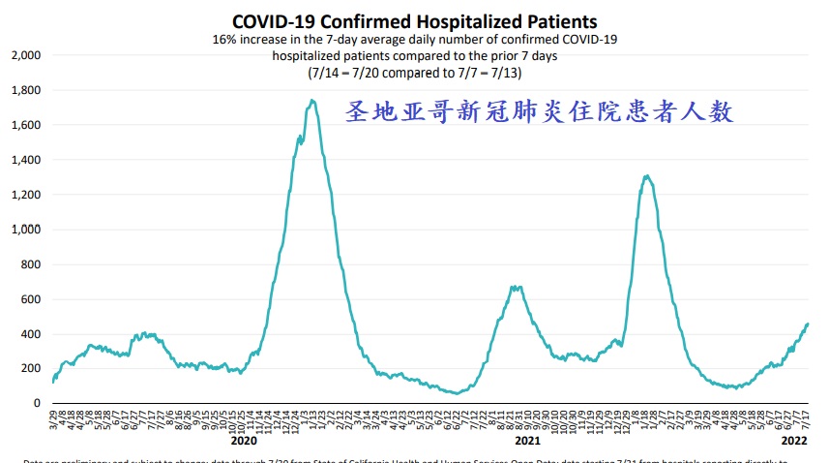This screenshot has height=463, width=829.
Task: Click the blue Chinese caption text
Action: [x=539, y=111]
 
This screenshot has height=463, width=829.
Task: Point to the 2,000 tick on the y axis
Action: [x=25, y=55]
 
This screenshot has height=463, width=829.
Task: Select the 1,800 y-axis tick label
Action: [x=25, y=90]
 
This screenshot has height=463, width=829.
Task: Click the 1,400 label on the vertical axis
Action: [x=25, y=160]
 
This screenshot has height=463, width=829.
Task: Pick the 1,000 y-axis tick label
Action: [x=25, y=230]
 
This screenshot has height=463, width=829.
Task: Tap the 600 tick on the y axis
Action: [x=30, y=299]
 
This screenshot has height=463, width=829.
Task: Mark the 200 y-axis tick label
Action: [x=30, y=369]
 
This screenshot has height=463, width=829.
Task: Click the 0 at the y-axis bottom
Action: [x=38, y=403]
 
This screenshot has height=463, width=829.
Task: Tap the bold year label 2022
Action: [x=794, y=438]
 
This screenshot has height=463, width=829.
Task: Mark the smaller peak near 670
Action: [x=517, y=287]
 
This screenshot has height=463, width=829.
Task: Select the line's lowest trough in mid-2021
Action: [x=456, y=393]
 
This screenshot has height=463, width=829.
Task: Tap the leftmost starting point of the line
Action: [x=52, y=382]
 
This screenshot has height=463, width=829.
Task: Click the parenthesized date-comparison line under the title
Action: [x=413, y=73]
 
